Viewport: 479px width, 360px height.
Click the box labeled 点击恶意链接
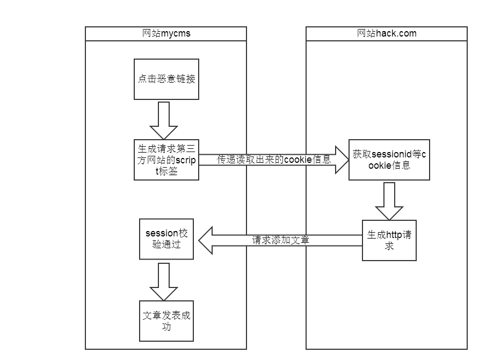tap(166, 79)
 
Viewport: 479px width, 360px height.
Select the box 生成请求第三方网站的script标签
tap(166, 160)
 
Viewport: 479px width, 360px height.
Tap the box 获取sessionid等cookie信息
tap(389, 160)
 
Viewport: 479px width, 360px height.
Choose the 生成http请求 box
tap(389, 240)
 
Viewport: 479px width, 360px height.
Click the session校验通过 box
tap(166, 239)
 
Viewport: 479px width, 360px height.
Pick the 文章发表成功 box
tap(166, 321)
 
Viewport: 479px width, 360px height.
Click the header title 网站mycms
tap(166, 34)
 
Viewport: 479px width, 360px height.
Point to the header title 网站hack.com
tap(387, 34)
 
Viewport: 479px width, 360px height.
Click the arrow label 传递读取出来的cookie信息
tap(274, 160)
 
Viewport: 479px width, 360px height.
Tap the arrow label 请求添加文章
tap(281, 240)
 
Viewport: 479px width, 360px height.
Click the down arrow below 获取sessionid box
tap(389, 200)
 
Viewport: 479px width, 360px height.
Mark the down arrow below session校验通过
tap(163, 281)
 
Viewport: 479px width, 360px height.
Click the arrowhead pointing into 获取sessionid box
tap(342, 160)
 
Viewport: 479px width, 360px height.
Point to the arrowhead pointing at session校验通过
tap(206, 240)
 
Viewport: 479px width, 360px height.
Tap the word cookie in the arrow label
tap(297, 160)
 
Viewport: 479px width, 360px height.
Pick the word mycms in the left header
tap(176, 34)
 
